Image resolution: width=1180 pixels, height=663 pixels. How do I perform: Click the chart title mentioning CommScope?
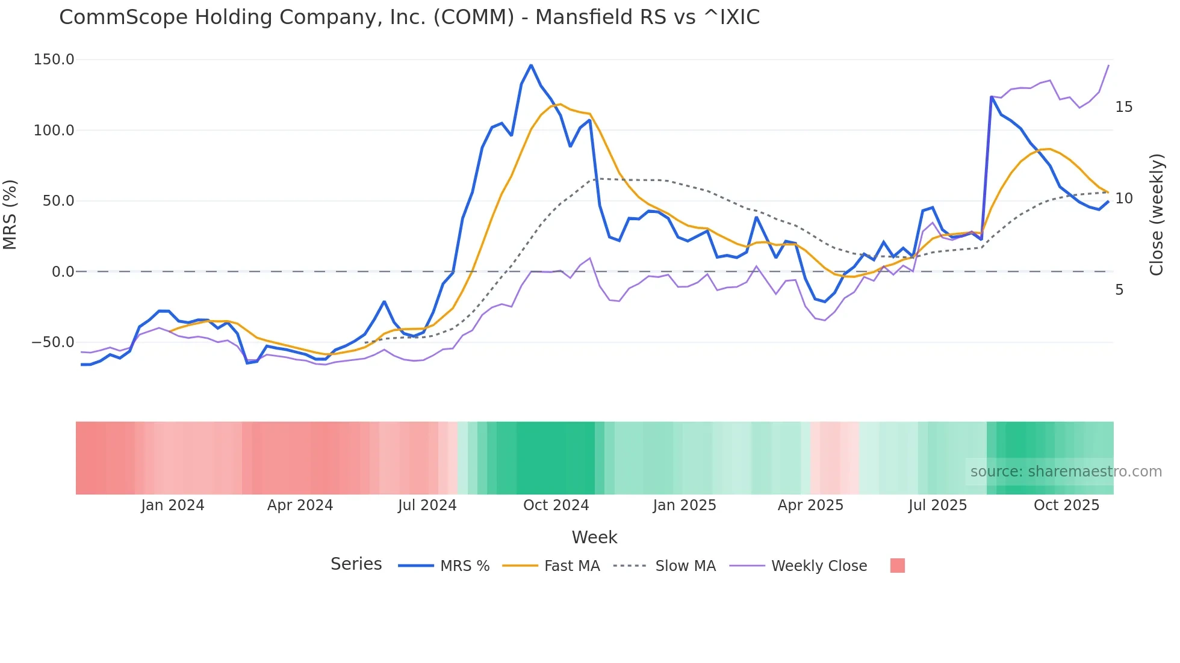point(409,17)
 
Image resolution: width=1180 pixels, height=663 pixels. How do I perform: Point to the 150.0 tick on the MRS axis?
point(54,60)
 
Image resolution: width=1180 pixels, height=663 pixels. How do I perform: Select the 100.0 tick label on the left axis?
point(54,131)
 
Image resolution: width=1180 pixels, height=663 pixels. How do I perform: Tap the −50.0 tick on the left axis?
point(53,342)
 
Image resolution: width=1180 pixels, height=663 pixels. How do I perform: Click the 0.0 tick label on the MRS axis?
point(63,272)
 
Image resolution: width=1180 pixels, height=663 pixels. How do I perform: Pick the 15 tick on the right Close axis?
point(1123,107)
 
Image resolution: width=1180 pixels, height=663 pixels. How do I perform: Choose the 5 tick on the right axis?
point(1119,290)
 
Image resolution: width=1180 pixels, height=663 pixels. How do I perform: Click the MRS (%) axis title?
point(10,215)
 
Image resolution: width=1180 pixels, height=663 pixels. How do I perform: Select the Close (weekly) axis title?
point(1156,215)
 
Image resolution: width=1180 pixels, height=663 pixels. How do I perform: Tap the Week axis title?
point(594,537)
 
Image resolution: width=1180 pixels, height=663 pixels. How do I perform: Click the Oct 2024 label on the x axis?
point(556,505)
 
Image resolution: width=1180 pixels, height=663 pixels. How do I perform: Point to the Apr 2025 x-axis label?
point(810,505)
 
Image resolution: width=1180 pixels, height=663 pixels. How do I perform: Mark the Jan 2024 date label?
point(173,505)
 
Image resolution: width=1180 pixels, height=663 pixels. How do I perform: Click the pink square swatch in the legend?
point(897,566)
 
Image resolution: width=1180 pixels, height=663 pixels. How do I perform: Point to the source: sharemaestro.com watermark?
point(1066,472)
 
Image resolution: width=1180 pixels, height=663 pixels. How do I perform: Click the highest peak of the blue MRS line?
point(531,65)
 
